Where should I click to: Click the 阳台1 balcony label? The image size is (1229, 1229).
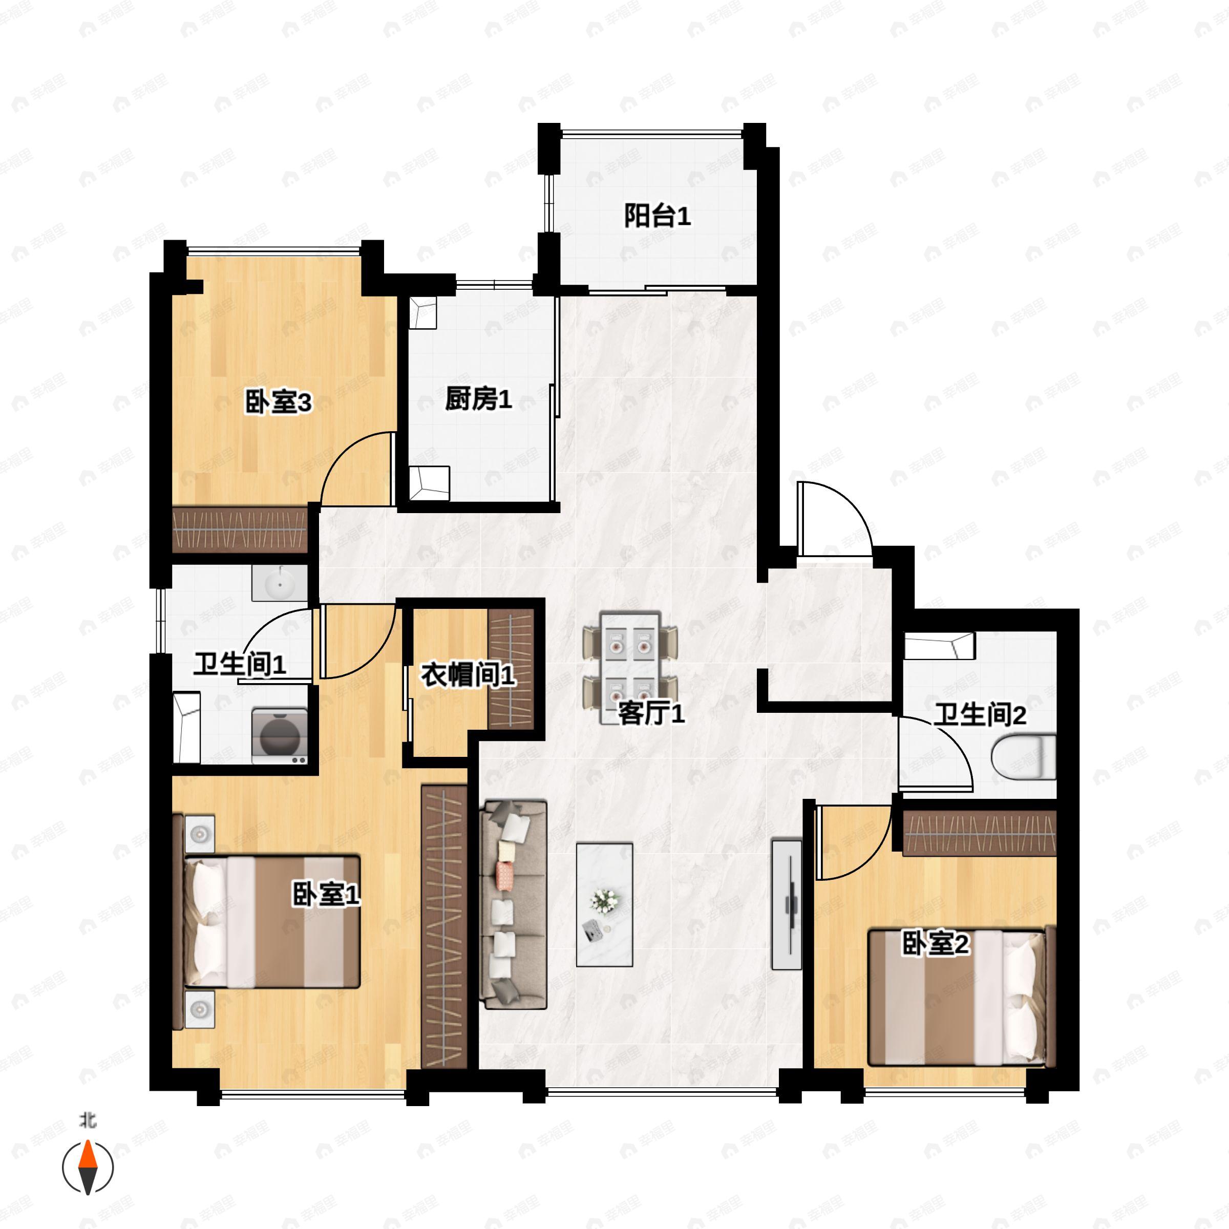point(656,216)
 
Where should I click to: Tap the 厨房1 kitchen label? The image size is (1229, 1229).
point(478,400)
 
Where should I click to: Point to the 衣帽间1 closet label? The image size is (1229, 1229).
point(468,675)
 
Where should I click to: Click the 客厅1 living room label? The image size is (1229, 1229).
point(651,714)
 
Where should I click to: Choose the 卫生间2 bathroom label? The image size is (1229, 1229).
point(980,716)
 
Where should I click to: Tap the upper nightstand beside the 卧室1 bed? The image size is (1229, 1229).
point(200,833)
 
